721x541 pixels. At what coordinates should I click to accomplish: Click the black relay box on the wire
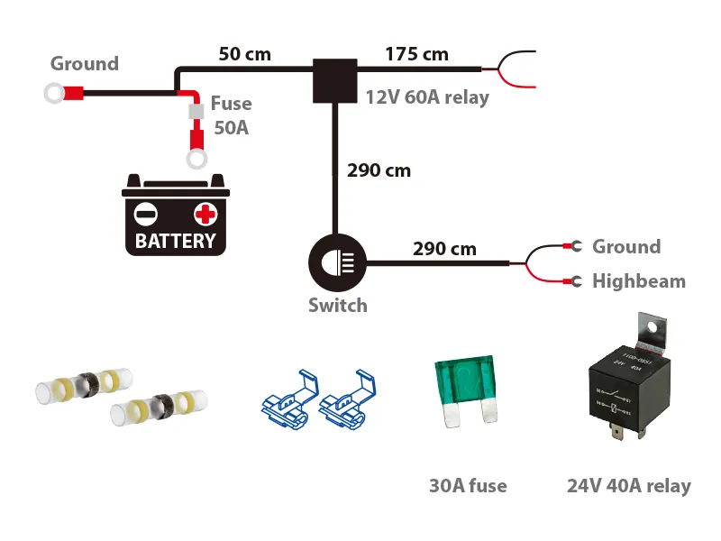click(334, 79)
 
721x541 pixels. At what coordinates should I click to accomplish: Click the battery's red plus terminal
click(205, 215)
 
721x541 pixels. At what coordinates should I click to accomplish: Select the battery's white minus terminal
click(146, 215)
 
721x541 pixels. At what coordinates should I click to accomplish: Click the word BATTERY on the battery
click(175, 241)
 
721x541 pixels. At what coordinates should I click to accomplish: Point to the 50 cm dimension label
click(244, 54)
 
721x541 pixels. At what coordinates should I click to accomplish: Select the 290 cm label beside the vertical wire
click(379, 170)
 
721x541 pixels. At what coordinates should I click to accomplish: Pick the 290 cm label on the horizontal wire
click(444, 249)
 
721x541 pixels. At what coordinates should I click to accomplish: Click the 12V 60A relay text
click(426, 97)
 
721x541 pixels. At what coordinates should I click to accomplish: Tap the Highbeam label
click(638, 281)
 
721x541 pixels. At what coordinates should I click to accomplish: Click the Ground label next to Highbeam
click(625, 247)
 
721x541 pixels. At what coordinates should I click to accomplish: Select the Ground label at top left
click(84, 64)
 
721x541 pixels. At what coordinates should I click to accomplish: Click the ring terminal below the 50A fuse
click(195, 160)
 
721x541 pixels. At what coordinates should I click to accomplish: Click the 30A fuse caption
click(468, 486)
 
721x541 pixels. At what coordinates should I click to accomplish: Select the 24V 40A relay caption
click(628, 486)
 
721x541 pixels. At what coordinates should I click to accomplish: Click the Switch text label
click(337, 306)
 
